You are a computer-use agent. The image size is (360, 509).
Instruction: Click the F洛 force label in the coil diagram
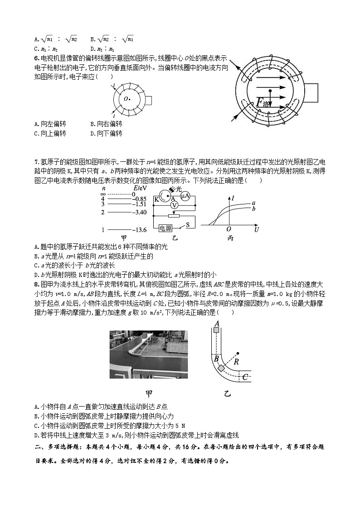click(x=264, y=103)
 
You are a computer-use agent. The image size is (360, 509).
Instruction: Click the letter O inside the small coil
click(x=126, y=98)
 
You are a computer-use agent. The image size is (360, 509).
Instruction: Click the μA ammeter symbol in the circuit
click(x=185, y=196)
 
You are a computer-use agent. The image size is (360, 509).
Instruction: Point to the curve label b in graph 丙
click(x=253, y=209)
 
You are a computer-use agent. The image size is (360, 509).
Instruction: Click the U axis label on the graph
click(x=257, y=230)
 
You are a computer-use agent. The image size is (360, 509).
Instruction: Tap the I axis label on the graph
click(x=233, y=198)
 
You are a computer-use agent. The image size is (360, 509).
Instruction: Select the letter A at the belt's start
click(x=217, y=323)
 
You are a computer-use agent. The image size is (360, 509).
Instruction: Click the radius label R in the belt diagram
click(x=236, y=362)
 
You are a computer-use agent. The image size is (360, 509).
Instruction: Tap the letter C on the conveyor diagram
click(x=244, y=376)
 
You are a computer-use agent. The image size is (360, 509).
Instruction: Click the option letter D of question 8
click(x=36, y=435)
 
